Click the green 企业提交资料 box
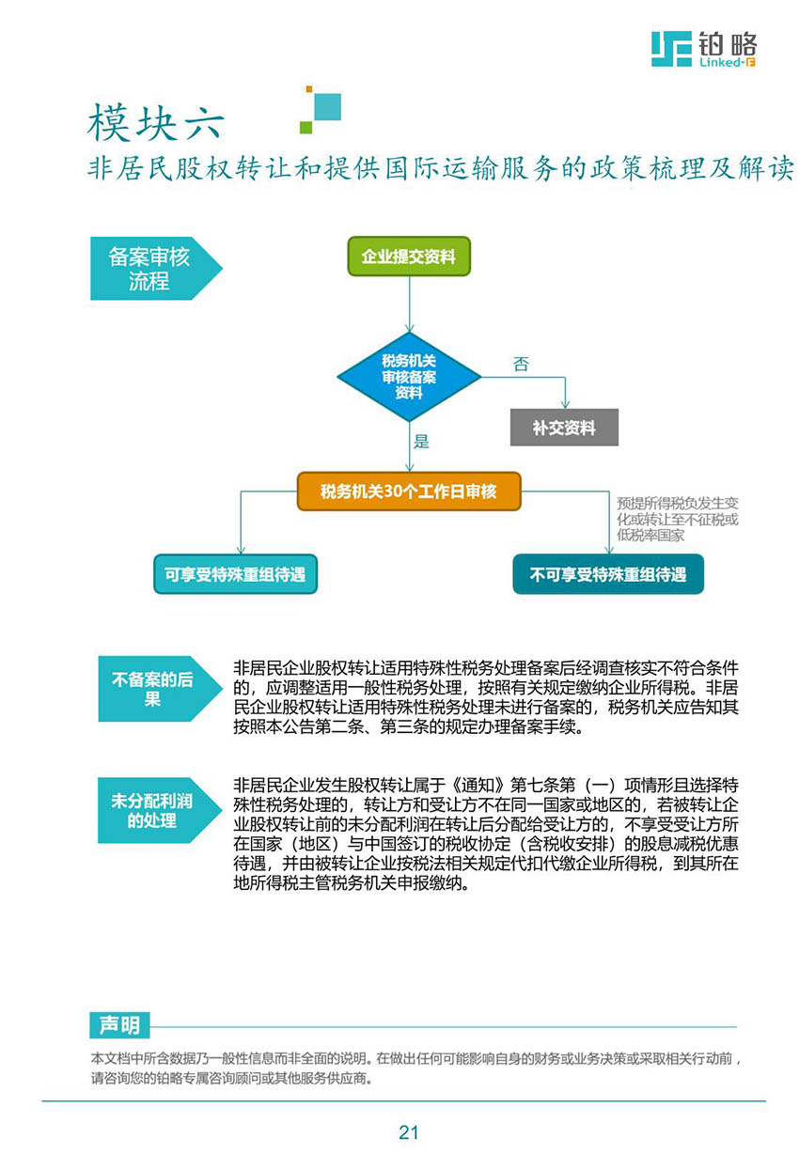click(x=409, y=256)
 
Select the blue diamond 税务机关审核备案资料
click(x=409, y=377)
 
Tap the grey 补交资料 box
click(x=564, y=427)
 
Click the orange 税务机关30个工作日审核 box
click(x=409, y=491)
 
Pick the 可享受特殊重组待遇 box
click(x=236, y=574)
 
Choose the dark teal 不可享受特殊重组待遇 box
click(x=608, y=574)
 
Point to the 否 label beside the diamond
click(x=521, y=365)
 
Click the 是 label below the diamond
click(x=421, y=442)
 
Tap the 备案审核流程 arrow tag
click(x=156, y=269)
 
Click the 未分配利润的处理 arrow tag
click(x=160, y=810)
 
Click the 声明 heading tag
click(x=119, y=1025)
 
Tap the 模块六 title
click(x=156, y=122)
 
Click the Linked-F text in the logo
click(x=727, y=62)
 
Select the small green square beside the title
click(x=306, y=127)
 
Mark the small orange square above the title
click(x=309, y=89)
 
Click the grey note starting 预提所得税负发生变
click(x=678, y=520)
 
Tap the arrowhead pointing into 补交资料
click(x=565, y=403)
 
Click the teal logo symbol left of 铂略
click(x=671, y=49)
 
